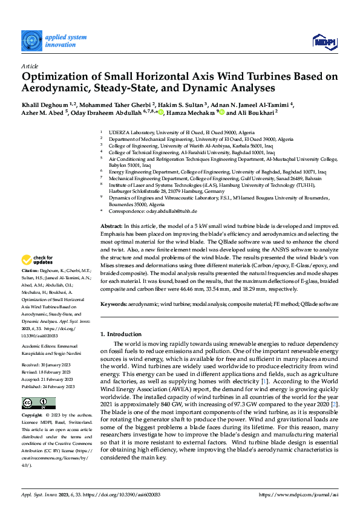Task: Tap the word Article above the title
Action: click(30, 66)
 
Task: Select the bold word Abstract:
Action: click(111, 225)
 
